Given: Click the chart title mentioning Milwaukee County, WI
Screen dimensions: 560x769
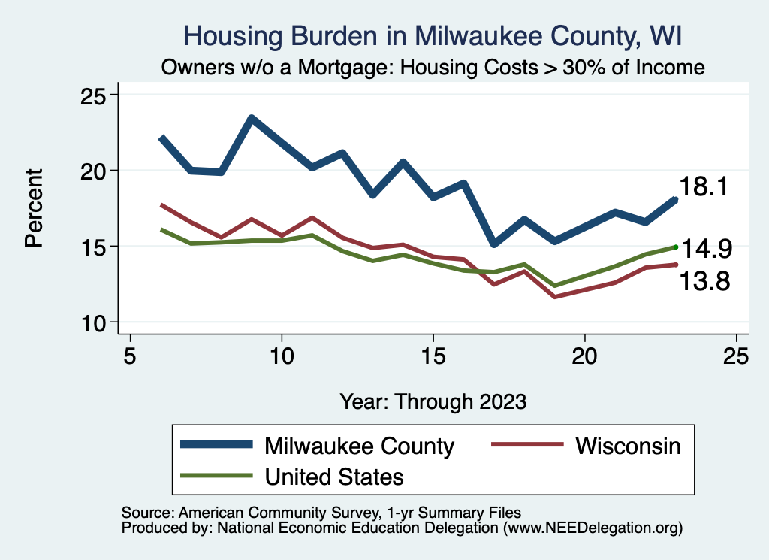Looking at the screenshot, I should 433,35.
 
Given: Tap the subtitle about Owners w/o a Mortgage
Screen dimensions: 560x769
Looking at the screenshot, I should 433,67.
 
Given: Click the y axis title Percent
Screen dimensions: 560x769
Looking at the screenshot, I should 33,208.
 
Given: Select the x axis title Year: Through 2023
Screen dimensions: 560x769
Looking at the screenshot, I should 433,401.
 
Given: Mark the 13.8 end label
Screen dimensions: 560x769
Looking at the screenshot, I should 705,282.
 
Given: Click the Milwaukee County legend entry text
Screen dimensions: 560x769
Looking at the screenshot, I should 359,446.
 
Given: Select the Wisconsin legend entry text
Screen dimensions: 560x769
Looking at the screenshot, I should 628,446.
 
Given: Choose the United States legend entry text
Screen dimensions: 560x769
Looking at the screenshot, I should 334,476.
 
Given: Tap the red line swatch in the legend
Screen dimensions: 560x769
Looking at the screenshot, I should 526,446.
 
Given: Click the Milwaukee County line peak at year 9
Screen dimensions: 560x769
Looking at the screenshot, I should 252,118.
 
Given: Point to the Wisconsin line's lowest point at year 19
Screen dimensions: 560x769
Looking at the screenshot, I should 555,297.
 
